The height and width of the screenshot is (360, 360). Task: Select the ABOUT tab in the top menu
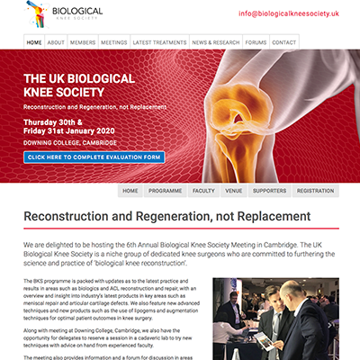point(56,42)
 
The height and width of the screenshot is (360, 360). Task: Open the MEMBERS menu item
point(83,42)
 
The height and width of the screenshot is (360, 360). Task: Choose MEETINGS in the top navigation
point(113,42)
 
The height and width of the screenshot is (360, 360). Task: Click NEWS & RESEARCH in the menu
point(215,42)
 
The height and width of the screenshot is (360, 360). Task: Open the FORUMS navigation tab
point(256,42)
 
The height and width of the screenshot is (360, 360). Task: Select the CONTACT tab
point(283,42)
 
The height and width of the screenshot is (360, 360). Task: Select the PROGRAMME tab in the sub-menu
point(166,191)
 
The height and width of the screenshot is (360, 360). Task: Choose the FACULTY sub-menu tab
point(203,191)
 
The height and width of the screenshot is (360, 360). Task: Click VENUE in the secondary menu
point(233,191)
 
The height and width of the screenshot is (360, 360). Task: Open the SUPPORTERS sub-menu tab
point(269,191)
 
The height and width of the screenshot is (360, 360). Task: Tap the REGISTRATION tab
point(315,191)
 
